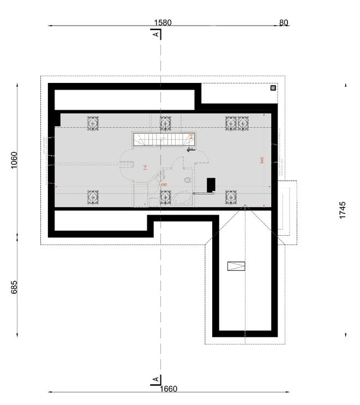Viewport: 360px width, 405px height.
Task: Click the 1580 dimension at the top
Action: pos(163,22)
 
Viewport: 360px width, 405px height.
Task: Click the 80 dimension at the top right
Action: pos(284,22)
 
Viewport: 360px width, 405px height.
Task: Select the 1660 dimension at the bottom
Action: pos(169,389)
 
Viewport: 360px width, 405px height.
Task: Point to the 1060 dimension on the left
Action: pos(14,160)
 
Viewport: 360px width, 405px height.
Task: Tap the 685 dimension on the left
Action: pos(14,287)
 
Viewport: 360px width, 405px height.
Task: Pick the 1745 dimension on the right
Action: pos(342,210)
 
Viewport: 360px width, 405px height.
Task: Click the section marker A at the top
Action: pos(156,34)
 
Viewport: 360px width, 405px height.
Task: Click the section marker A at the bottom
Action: pos(156,379)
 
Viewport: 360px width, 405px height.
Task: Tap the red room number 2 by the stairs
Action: pos(191,137)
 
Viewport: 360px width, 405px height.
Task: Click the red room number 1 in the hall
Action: pos(145,167)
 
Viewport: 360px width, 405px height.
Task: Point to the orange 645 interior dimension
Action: pos(262,160)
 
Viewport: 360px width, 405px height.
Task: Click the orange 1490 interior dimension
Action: pos(162,185)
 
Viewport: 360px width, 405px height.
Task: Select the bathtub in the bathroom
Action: pos(182,198)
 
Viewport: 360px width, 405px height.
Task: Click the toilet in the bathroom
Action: pos(188,179)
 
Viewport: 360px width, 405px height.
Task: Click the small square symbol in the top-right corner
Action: pos(273,87)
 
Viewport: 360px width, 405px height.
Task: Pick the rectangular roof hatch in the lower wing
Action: pos(236,266)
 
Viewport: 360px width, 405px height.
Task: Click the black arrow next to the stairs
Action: pos(191,148)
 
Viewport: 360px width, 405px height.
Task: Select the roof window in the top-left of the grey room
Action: pos(93,123)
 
